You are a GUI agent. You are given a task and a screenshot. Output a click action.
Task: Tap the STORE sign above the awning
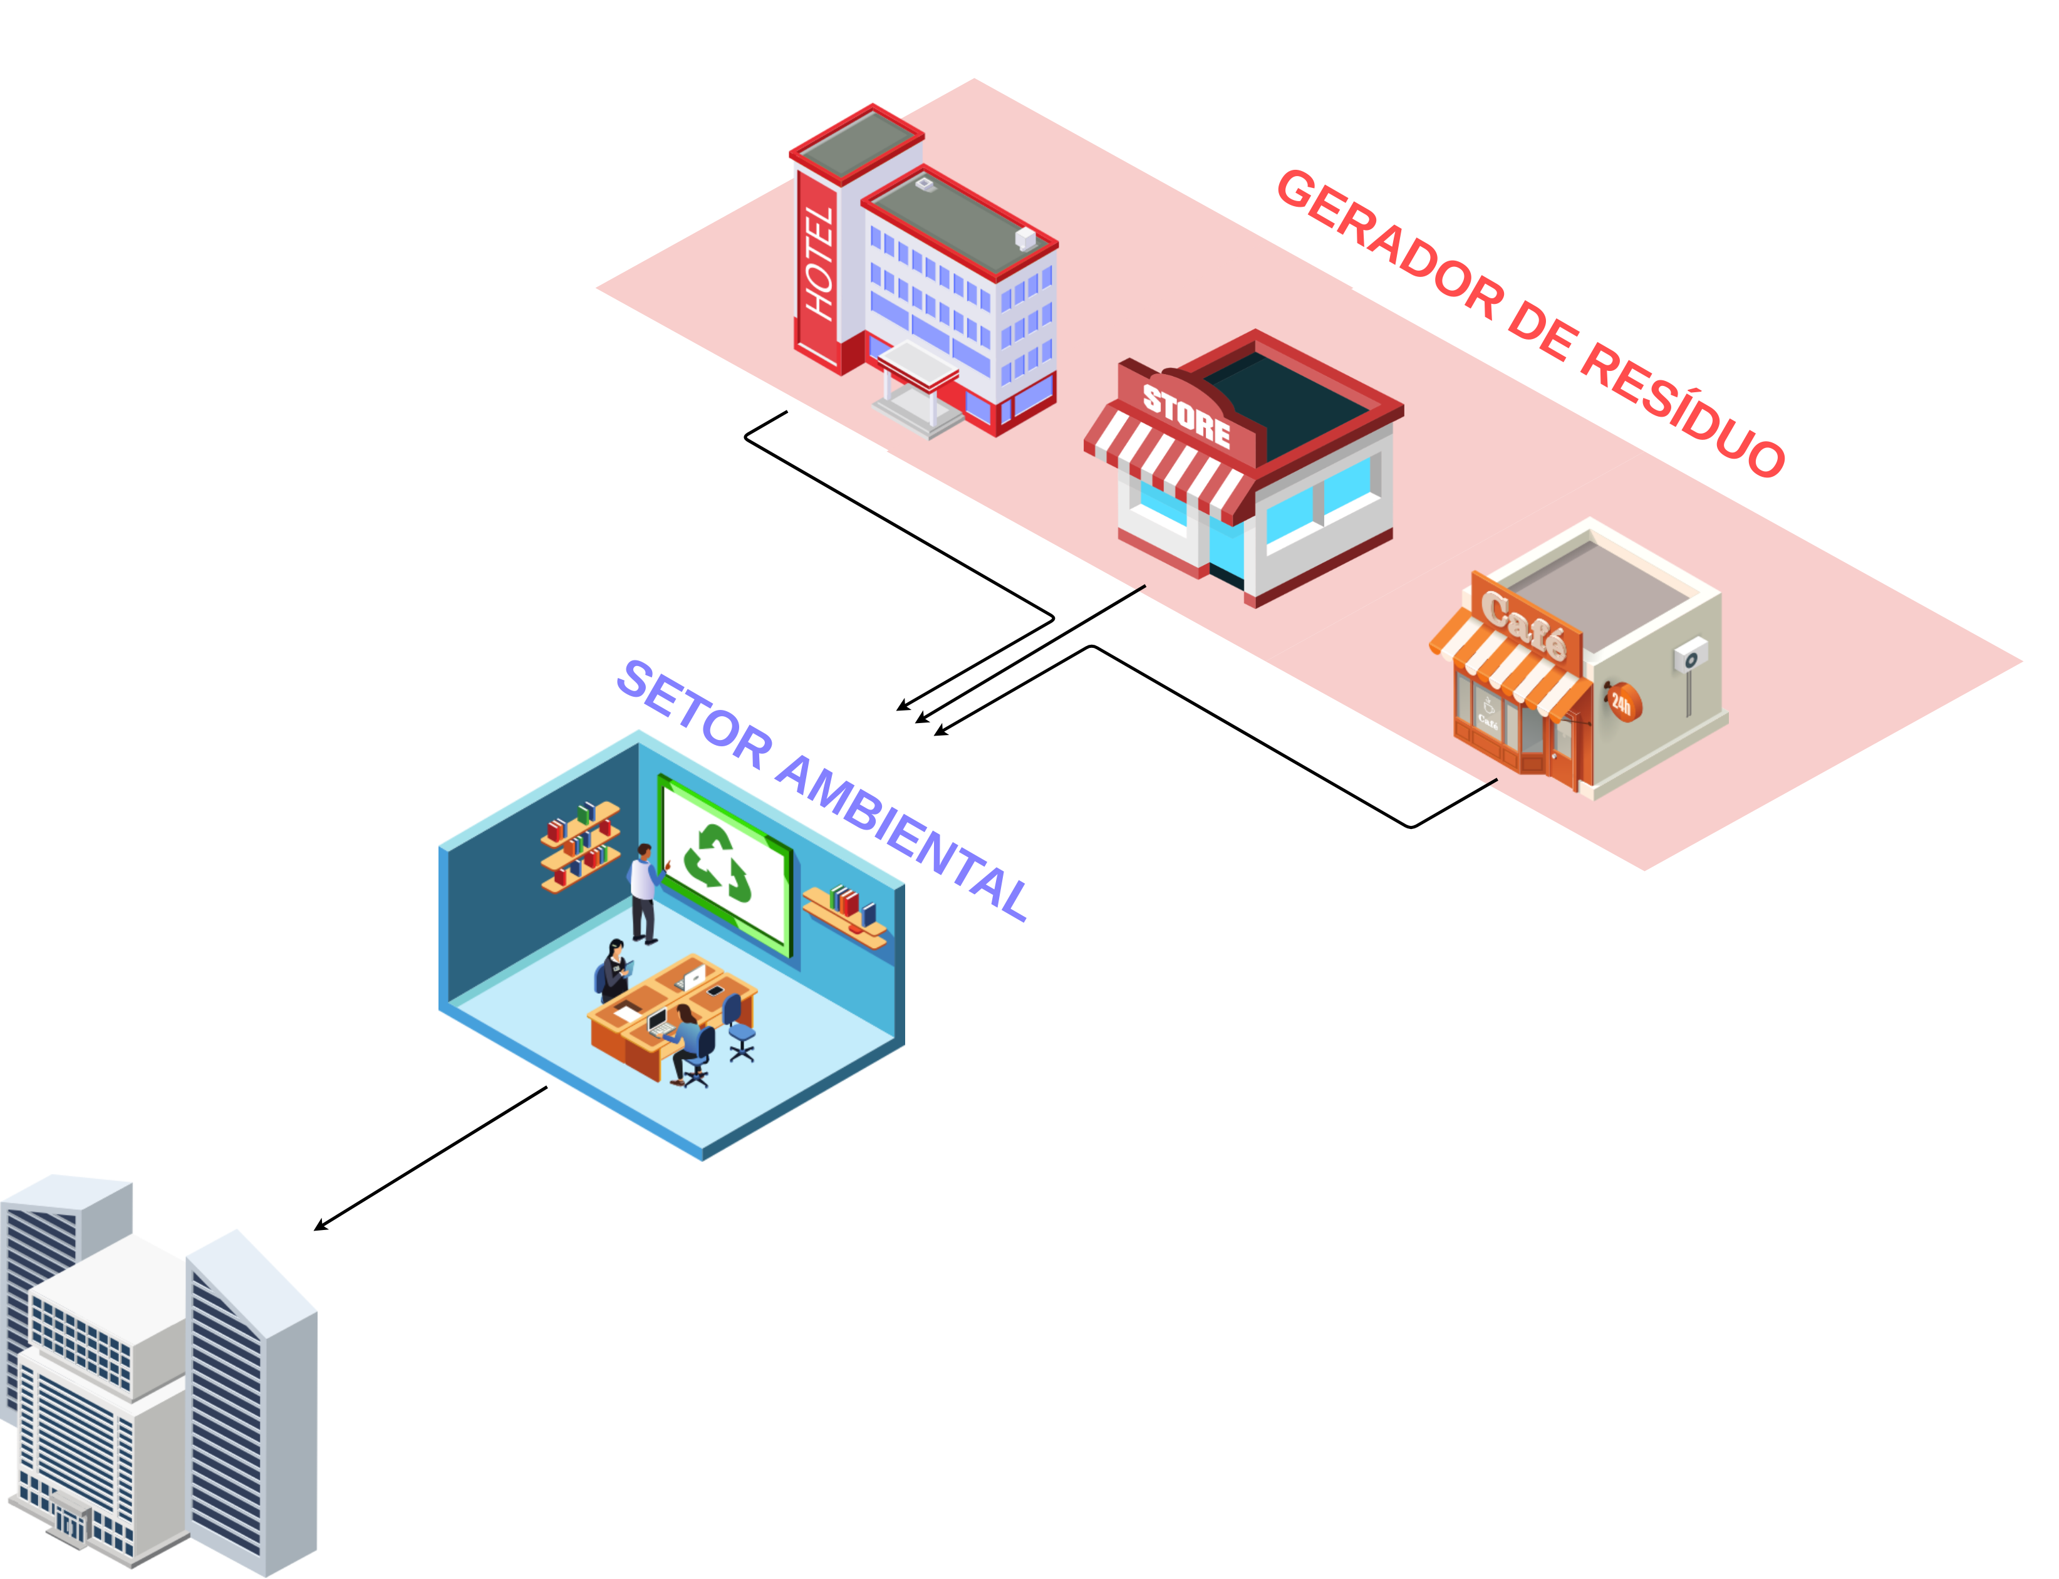coord(1186,415)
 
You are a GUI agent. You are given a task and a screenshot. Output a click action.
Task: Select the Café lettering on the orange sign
coord(1523,622)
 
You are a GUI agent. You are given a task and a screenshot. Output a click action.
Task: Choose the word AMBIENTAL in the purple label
coord(902,836)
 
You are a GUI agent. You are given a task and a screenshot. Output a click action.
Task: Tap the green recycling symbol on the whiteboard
coord(717,862)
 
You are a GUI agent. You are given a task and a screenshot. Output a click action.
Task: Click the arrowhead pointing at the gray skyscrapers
coord(319,1226)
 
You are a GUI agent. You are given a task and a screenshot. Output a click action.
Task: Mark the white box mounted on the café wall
coord(1689,655)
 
